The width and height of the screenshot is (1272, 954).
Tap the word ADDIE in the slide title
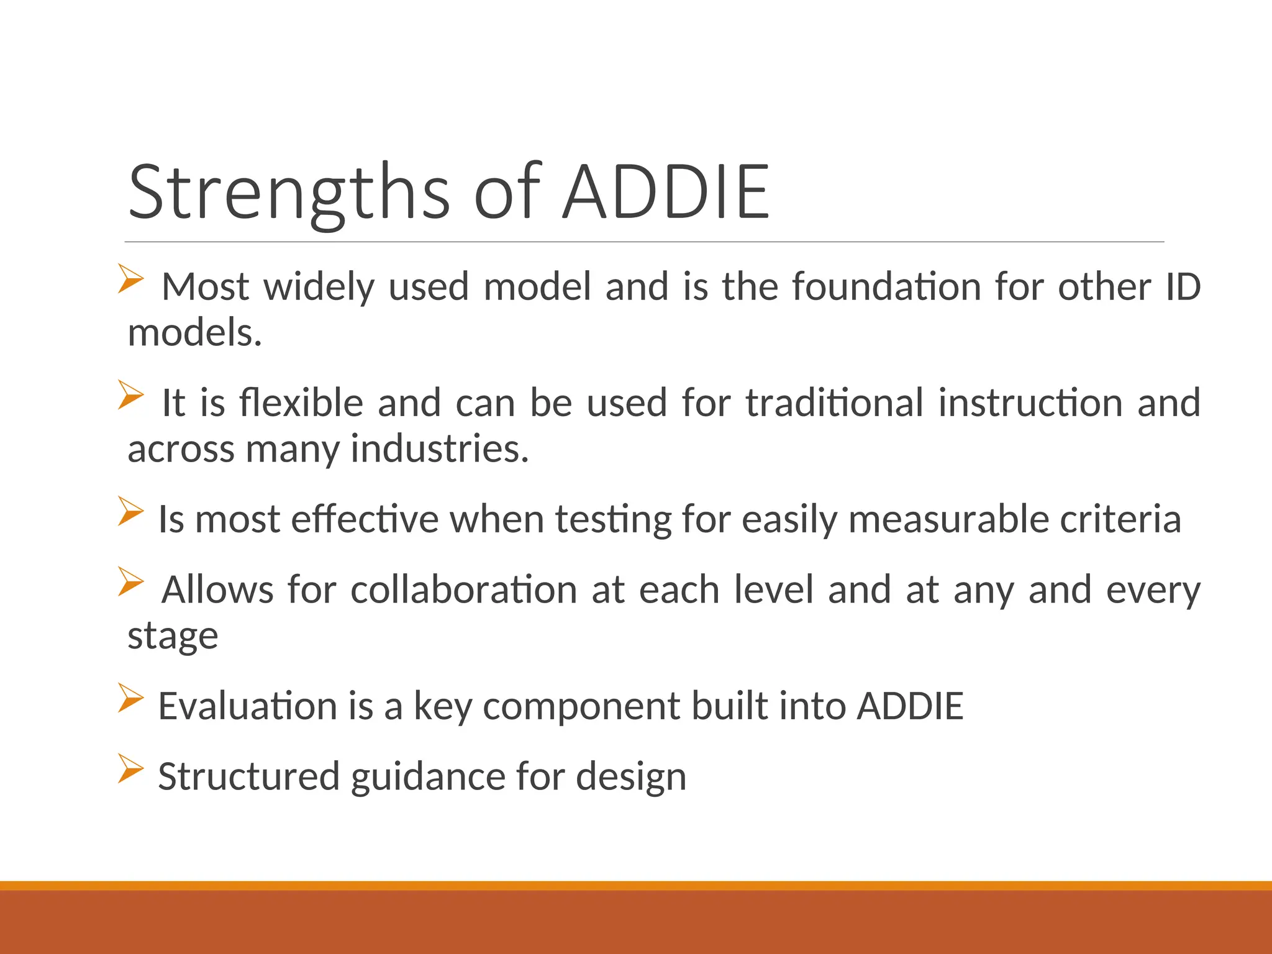point(666,193)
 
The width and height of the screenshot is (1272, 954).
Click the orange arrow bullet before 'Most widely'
point(131,279)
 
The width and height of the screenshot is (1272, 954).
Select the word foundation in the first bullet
point(886,287)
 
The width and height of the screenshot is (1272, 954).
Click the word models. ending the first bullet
point(194,333)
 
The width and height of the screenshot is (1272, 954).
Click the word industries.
point(439,449)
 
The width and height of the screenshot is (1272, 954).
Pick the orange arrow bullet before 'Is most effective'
point(131,511)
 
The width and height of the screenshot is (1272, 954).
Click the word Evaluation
point(247,706)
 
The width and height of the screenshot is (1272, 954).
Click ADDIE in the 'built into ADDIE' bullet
point(910,706)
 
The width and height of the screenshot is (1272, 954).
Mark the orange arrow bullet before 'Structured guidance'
point(131,768)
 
